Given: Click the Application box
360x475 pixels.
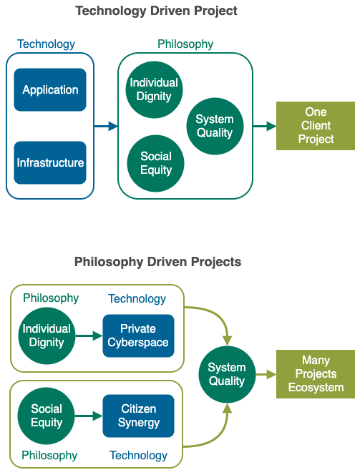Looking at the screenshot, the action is click(50, 89).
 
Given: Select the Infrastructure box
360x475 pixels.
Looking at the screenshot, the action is click(50, 162).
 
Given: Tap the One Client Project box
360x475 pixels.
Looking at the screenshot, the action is click(316, 126).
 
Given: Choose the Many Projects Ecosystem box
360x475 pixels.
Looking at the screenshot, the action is click(316, 374).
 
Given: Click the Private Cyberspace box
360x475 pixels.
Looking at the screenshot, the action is click(138, 336).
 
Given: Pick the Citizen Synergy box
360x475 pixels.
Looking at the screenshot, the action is click(138, 416).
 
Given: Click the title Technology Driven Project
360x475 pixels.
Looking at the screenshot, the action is click(156, 11).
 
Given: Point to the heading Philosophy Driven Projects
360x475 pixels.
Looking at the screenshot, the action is click(158, 262).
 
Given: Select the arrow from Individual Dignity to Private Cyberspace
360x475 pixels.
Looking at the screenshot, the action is click(89, 336).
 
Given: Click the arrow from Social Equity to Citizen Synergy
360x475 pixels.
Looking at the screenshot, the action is click(89, 416).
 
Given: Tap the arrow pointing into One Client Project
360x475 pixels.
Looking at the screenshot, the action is click(265, 126).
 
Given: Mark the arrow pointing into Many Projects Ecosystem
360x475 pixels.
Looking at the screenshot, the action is click(266, 374).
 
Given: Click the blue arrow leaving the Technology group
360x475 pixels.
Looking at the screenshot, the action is click(106, 126).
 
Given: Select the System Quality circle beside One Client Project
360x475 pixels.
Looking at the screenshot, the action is click(215, 126).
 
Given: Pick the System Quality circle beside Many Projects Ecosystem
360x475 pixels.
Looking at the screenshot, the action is click(227, 374).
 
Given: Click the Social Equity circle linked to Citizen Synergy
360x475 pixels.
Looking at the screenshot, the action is click(46, 416).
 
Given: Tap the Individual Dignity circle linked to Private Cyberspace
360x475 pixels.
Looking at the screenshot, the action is click(47, 336).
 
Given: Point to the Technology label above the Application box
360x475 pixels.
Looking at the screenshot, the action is click(46, 44).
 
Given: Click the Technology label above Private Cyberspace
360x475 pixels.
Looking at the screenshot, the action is click(137, 299).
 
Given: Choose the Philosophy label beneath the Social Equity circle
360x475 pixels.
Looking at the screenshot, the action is click(49, 455).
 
